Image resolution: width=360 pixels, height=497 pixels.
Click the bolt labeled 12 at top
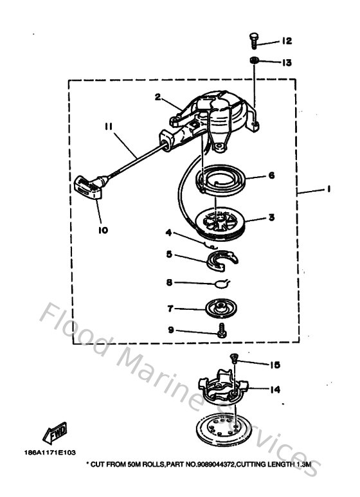[253, 41]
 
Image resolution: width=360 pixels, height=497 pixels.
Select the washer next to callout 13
[255, 62]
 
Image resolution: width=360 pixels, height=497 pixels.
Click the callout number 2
[157, 97]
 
